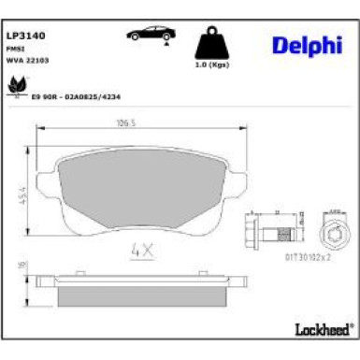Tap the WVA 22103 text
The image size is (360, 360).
28,60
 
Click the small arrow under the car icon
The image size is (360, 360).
165,42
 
